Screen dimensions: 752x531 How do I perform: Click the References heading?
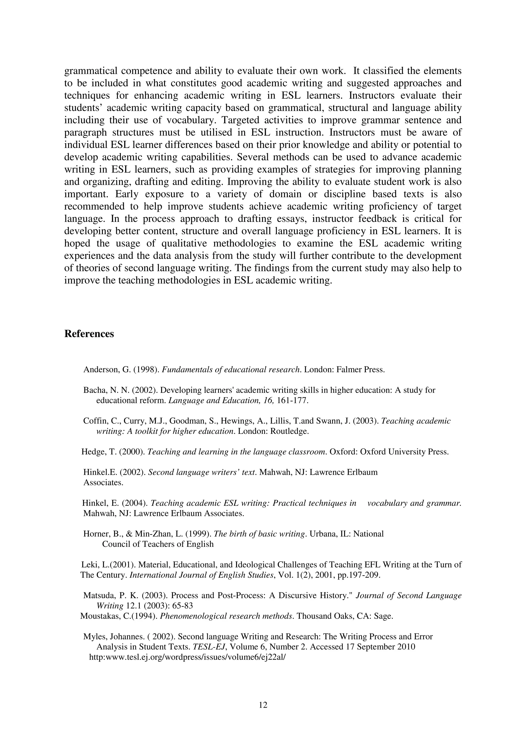click(89, 334)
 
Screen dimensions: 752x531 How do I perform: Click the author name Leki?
click(88, 565)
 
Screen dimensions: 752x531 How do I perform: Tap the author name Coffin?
click(93, 421)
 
